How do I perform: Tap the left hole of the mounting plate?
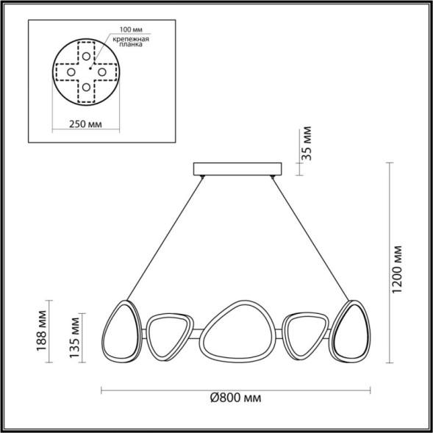click(71, 72)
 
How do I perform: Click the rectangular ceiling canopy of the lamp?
click(237, 169)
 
